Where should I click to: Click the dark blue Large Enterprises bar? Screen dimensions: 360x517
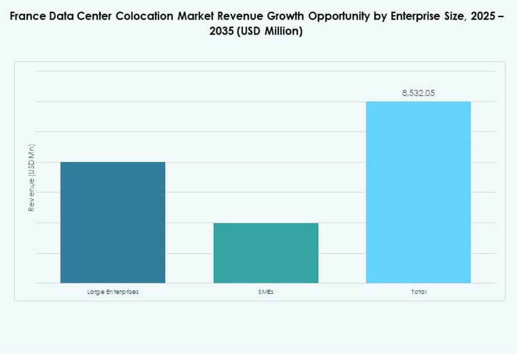(113, 222)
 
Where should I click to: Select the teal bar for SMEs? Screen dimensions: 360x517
(266, 253)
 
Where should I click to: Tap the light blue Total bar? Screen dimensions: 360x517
(419, 192)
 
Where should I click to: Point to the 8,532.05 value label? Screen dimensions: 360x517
(419, 94)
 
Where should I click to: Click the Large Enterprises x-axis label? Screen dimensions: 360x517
(113, 292)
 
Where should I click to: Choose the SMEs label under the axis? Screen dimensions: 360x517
(266, 292)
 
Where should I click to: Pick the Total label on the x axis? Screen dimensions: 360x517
(419, 292)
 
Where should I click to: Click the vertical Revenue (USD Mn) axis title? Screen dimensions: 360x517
(31, 178)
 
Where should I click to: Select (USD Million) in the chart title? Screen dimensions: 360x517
(273, 31)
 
